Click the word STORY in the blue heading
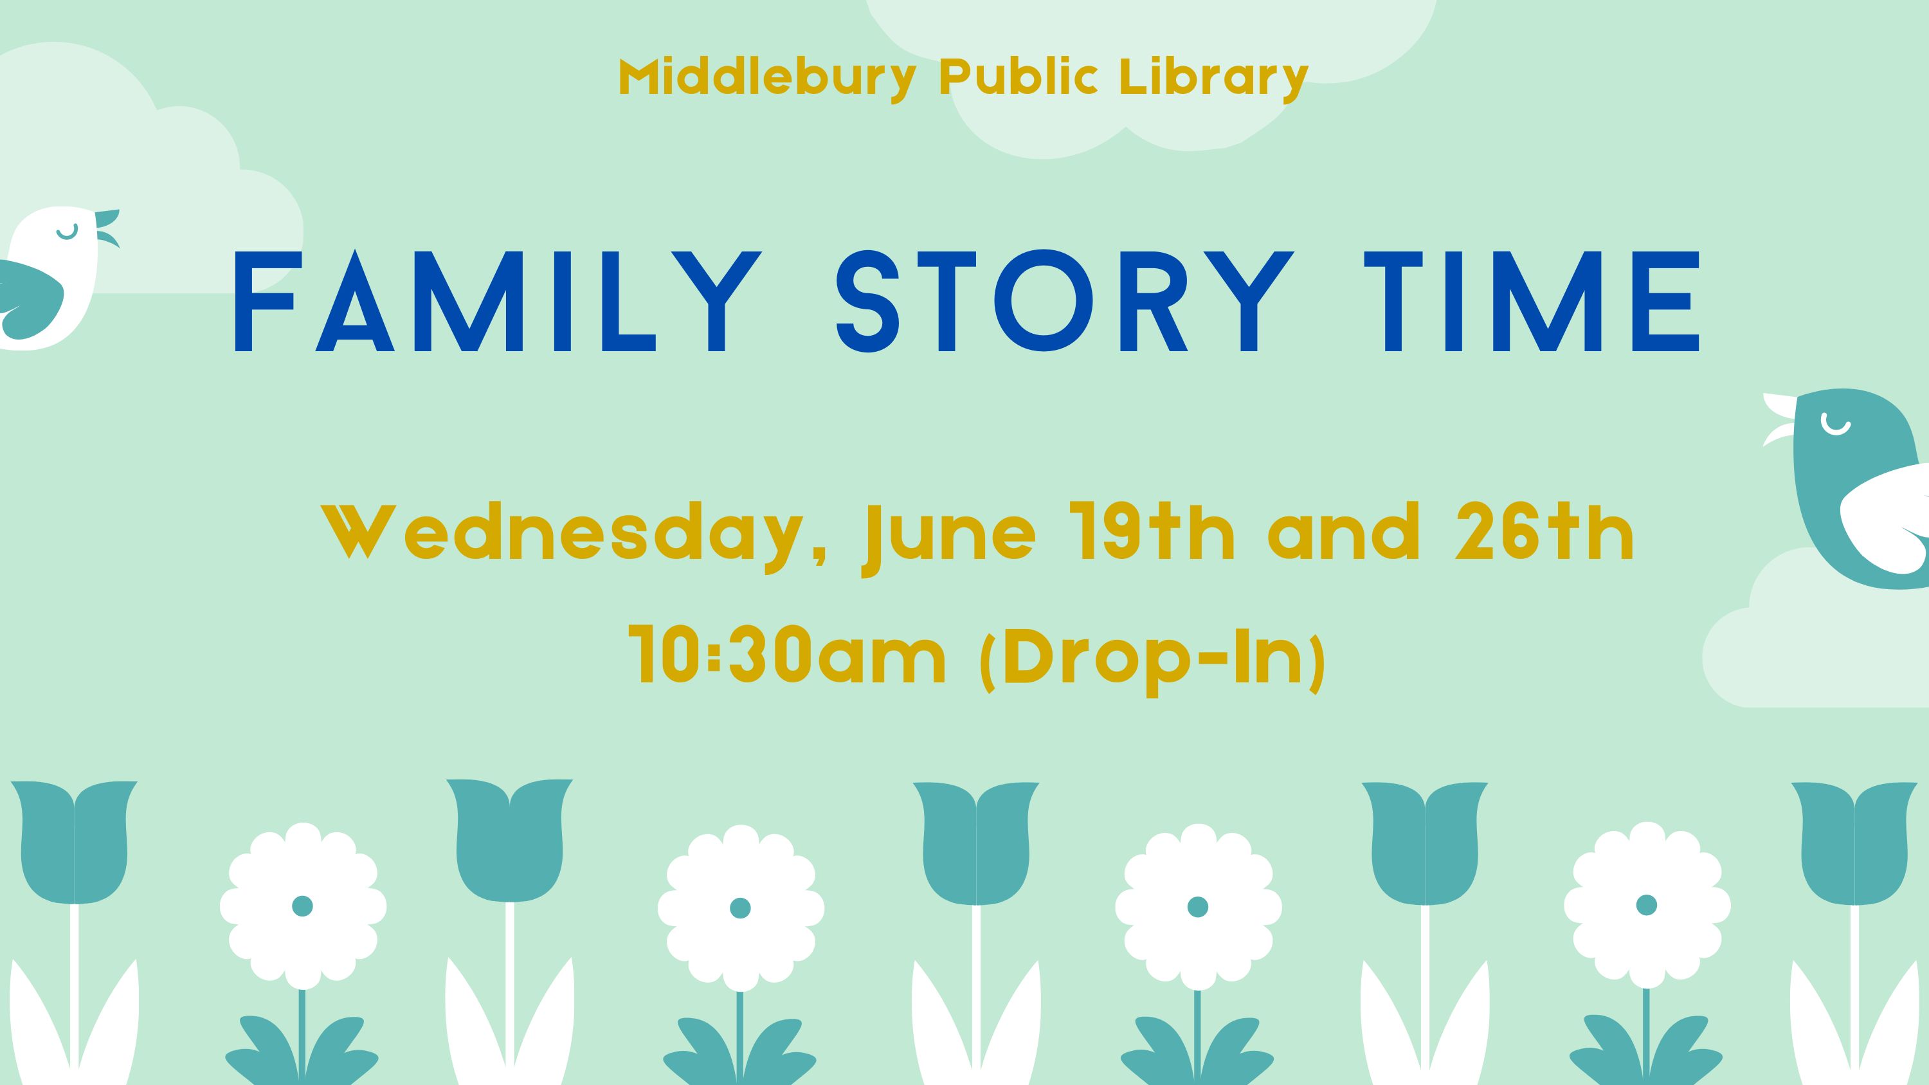[1065, 300]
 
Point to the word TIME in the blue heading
[1532, 300]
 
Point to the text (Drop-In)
[1152, 660]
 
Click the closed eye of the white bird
[68, 233]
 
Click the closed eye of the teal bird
[1835, 424]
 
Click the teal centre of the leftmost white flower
[302, 906]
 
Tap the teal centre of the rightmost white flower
[1647, 906]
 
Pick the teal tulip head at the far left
[74, 842]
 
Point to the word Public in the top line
[1019, 77]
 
